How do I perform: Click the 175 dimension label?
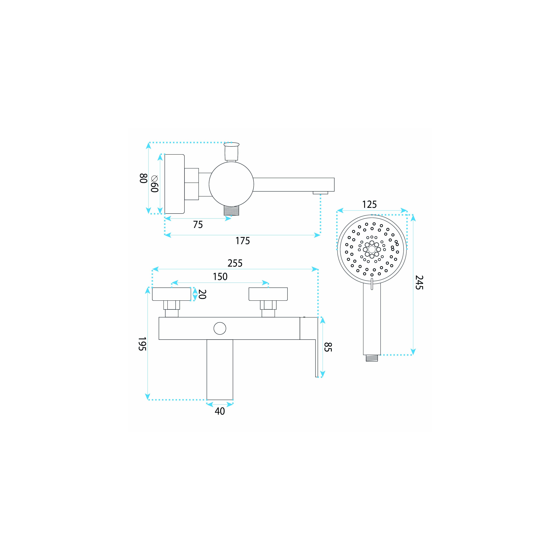[243, 241]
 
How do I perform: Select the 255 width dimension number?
[235, 263]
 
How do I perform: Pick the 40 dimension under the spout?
[220, 411]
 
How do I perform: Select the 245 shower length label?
[419, 283]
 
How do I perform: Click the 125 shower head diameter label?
[370, 205]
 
